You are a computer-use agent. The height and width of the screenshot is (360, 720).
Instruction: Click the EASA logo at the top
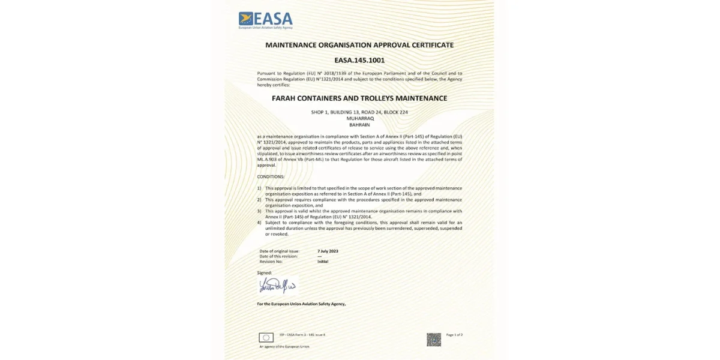pyautogui.click(x=265, y=20)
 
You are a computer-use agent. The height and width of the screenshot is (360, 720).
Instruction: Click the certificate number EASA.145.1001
pyautogui.click(x=359, y=60)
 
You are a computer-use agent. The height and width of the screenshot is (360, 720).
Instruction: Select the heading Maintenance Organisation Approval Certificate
pyautogui.click(x=359, y=45)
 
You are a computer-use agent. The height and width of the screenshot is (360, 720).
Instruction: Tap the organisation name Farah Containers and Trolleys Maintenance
pyautogui.click(x=360, y=98)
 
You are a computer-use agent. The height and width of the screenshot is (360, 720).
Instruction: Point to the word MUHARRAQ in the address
pyautogui.click(x=360, y=119)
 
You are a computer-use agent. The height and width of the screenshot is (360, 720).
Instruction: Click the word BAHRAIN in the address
pyautogui.click(x=360, y=125)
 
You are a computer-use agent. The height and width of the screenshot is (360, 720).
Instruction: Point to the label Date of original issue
pyautogui.click(x=279, y=250)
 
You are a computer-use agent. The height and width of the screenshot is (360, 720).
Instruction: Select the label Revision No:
pyautogui.click(x=271, y=262)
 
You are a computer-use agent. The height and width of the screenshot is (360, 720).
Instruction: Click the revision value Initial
pyautogui.click(x=323, y=262)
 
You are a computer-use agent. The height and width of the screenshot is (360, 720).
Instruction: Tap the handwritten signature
pyautogui.click(x=277, y=284)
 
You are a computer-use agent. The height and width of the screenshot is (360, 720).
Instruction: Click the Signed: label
pyautogui.click(x=265, y=272)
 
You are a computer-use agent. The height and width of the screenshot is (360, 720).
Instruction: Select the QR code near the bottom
pyautogui.click(x=434, y=340)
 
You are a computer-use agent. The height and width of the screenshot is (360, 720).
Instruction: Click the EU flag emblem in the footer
pyautogui.click(x=266, y=337)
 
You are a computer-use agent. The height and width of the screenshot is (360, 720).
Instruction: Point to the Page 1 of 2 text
pyautogui.click(x=455, y=334)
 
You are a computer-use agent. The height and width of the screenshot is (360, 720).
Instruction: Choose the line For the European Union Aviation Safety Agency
pyautogui.click(x=301, y=304)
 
